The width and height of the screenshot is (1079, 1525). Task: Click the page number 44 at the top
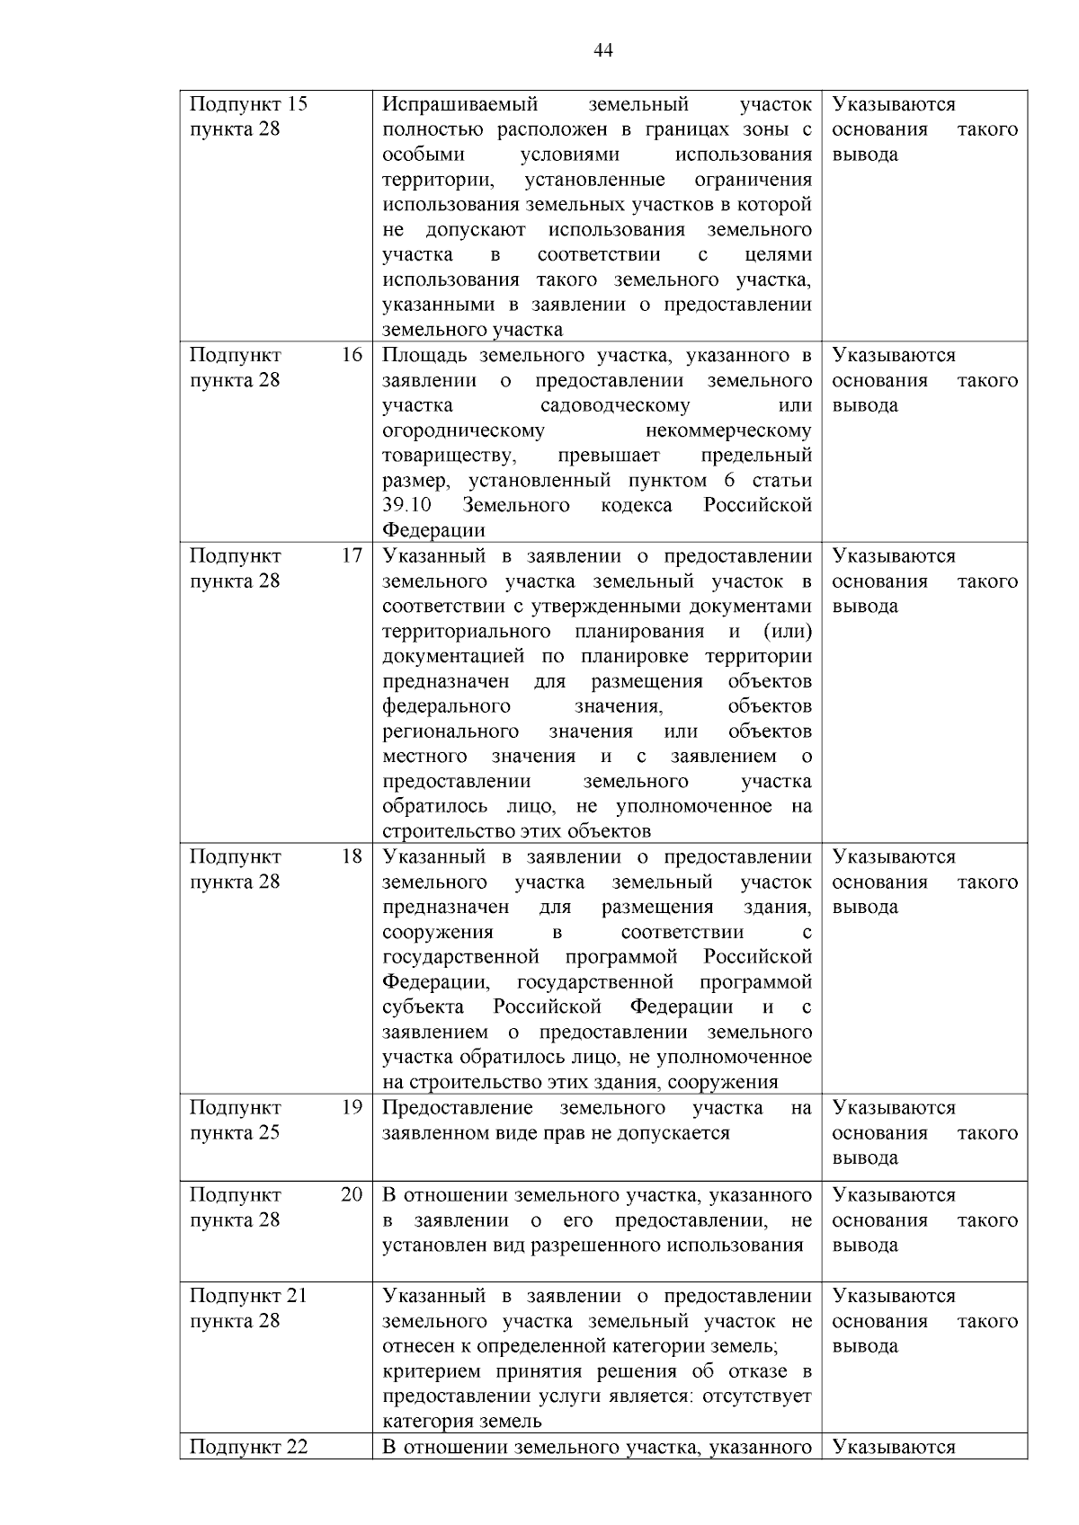(604, 50)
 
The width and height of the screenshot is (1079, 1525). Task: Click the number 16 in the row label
(352, 355)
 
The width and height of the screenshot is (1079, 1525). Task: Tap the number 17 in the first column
(352, 555)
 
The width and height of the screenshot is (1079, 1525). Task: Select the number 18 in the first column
(352, 856)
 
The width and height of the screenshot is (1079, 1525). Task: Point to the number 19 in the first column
(352, 1107)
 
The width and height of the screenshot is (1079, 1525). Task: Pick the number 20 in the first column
(352, 1194)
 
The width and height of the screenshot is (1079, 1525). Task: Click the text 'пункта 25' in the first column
(235, 1132)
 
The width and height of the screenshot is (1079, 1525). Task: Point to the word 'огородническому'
(463, 430)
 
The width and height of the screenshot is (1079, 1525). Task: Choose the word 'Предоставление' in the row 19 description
(458, 1107)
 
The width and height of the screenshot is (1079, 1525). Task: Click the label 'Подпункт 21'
(248, 1296)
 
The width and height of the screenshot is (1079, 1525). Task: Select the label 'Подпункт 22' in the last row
(248, 1447)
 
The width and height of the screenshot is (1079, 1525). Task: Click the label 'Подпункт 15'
(248, 104)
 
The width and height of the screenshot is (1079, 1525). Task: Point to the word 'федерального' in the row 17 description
(447, 706)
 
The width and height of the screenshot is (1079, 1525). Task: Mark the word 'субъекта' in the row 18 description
(424, 1006)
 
